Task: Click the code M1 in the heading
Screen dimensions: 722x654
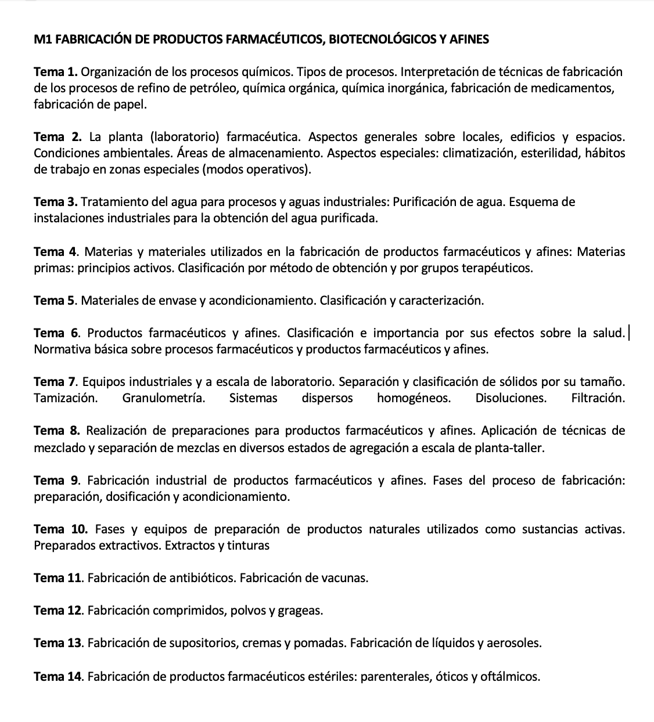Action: click(42, 39)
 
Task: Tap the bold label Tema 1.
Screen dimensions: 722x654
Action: click(56, 72)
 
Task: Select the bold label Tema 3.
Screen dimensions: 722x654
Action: click(56, 202)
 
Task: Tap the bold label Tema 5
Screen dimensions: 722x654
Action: click(55, 301)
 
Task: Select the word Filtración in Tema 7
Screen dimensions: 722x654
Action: click(598, 398)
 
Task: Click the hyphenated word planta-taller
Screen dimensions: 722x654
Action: click(508, 447)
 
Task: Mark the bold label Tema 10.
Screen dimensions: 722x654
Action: click(60, 529)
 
